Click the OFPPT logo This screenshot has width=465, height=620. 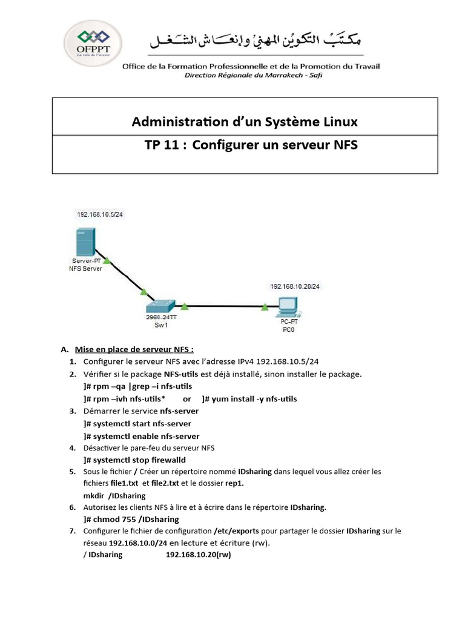[93, 43]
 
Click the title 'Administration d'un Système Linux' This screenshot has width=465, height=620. [245, 121]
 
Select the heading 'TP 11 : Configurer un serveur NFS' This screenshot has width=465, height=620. [251, 145]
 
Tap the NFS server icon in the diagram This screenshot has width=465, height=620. [85, 242]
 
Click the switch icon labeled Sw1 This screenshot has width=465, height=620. [160, 306]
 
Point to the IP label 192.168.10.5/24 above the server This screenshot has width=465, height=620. [100, 214]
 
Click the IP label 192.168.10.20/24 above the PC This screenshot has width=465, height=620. [295, 286]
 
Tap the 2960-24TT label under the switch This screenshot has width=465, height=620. [161, 317]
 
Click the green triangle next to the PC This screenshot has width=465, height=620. [265, 307]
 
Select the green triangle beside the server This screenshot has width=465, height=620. [107, 260]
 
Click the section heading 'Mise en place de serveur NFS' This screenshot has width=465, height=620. [134, 349]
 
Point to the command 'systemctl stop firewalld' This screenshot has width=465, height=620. [139, 460]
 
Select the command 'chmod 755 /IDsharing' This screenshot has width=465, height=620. [136, 519]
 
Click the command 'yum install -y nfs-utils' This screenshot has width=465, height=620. [254, 398]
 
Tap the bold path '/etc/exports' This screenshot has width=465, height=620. [236, 531]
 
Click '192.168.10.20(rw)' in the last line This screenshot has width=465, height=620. [198, 555]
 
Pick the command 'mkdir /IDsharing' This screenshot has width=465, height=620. [114, 495]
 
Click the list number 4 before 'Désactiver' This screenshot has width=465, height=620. [73, 448]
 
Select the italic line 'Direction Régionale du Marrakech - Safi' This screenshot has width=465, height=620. [254, 75]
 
